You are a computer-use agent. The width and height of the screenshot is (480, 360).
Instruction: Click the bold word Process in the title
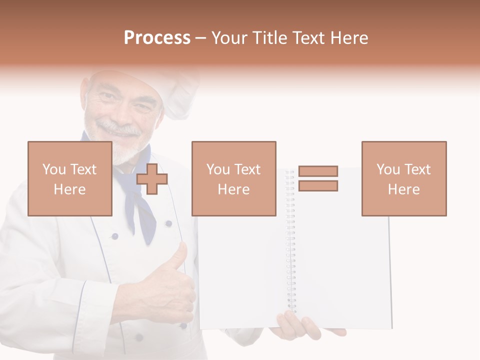tap(157, 38)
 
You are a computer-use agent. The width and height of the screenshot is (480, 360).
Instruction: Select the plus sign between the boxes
tap(152, 179)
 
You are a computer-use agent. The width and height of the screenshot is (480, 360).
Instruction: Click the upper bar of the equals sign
tap(318, 171)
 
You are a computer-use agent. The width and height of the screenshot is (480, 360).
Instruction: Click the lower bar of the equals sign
tap(318, 186)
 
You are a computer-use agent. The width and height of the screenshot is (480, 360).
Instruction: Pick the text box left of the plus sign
tap(70, 178)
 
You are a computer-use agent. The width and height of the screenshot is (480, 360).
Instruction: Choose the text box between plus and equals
tap(233, 178)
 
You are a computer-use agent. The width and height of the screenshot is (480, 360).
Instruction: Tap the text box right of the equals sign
tap(403, 178)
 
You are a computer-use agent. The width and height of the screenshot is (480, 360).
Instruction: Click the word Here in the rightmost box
tap(403, 189)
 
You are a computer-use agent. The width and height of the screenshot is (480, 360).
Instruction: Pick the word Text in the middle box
tap(247, 169)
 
